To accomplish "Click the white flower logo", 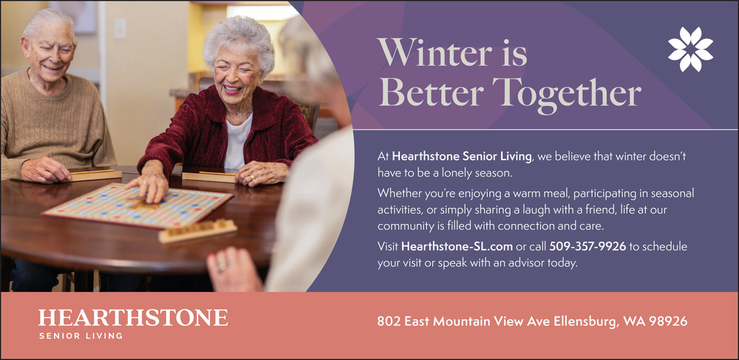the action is (x=690, y=49).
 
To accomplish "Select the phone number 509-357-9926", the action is (x=588, y=246).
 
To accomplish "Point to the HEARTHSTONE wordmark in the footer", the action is (x=133, y=318).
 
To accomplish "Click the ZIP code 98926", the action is (x=668, y=322).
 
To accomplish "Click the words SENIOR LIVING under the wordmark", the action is (x=81, y=336).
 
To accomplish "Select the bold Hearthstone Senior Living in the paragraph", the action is (x=462, y=156).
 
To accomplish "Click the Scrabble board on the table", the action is (x=137, y=205).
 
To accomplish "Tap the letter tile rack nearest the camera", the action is (x=197, y=231).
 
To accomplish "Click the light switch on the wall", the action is (x=120, y=29).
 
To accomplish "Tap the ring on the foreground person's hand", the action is (x=221, y=266).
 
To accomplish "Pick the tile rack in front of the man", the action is (x=95, y=174).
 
